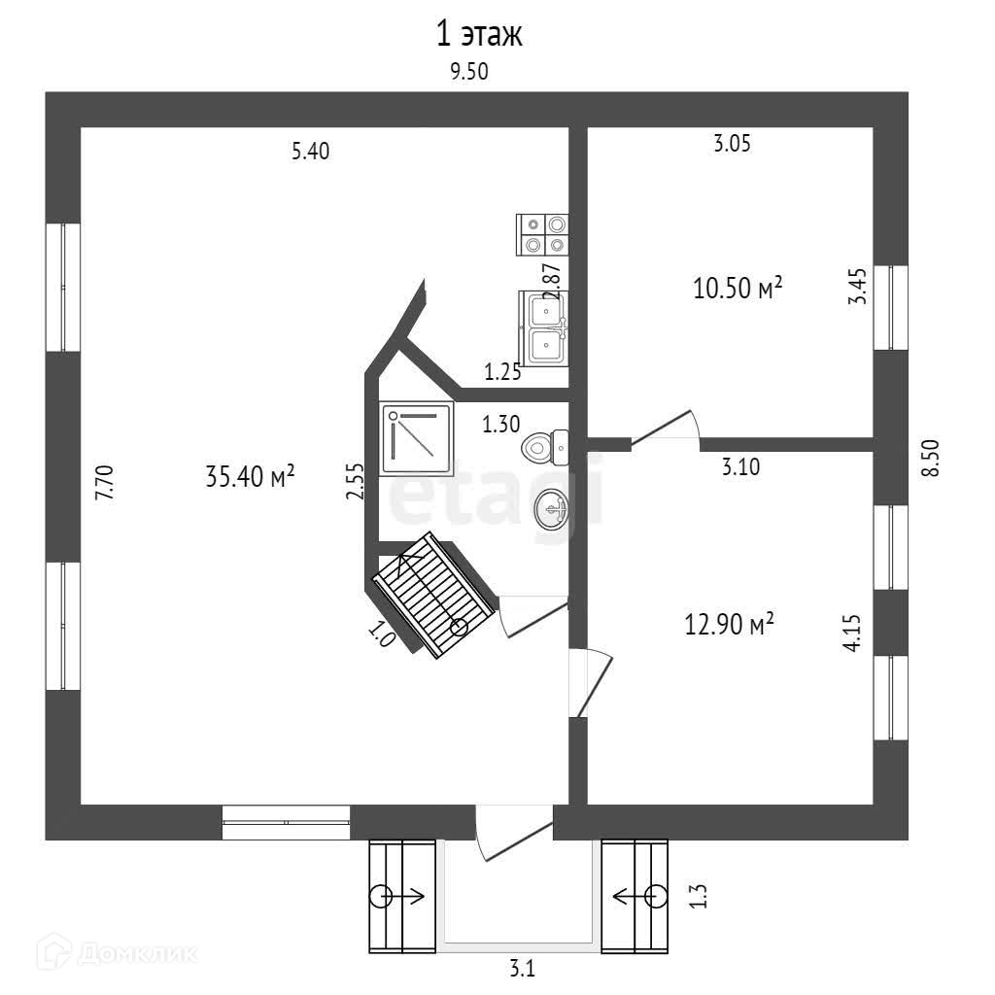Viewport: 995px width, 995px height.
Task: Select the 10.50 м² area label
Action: pos(738,289)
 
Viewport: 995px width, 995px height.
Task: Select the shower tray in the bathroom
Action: pos(416,438)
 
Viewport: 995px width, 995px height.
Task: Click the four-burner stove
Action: pos(543,234)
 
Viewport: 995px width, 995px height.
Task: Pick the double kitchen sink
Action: pos(544,327)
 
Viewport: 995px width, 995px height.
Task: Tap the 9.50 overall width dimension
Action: pos(467,71)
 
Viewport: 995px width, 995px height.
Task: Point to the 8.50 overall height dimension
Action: pos(932,457)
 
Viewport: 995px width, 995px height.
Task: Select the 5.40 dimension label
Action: pos(311,151)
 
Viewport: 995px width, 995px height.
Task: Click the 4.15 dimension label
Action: pos(854,632)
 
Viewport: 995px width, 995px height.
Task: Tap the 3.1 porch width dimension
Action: pos(523,968)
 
